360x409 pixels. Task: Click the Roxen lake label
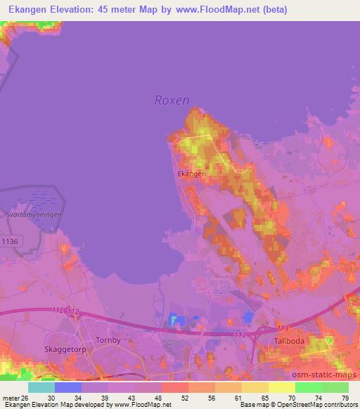coord(172,100)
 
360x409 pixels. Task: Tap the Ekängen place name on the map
coord(191,173)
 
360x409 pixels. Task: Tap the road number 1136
coord(11,241)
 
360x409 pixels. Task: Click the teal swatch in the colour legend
coord(41,387)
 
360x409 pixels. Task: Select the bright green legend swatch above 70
coord(309,387)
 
